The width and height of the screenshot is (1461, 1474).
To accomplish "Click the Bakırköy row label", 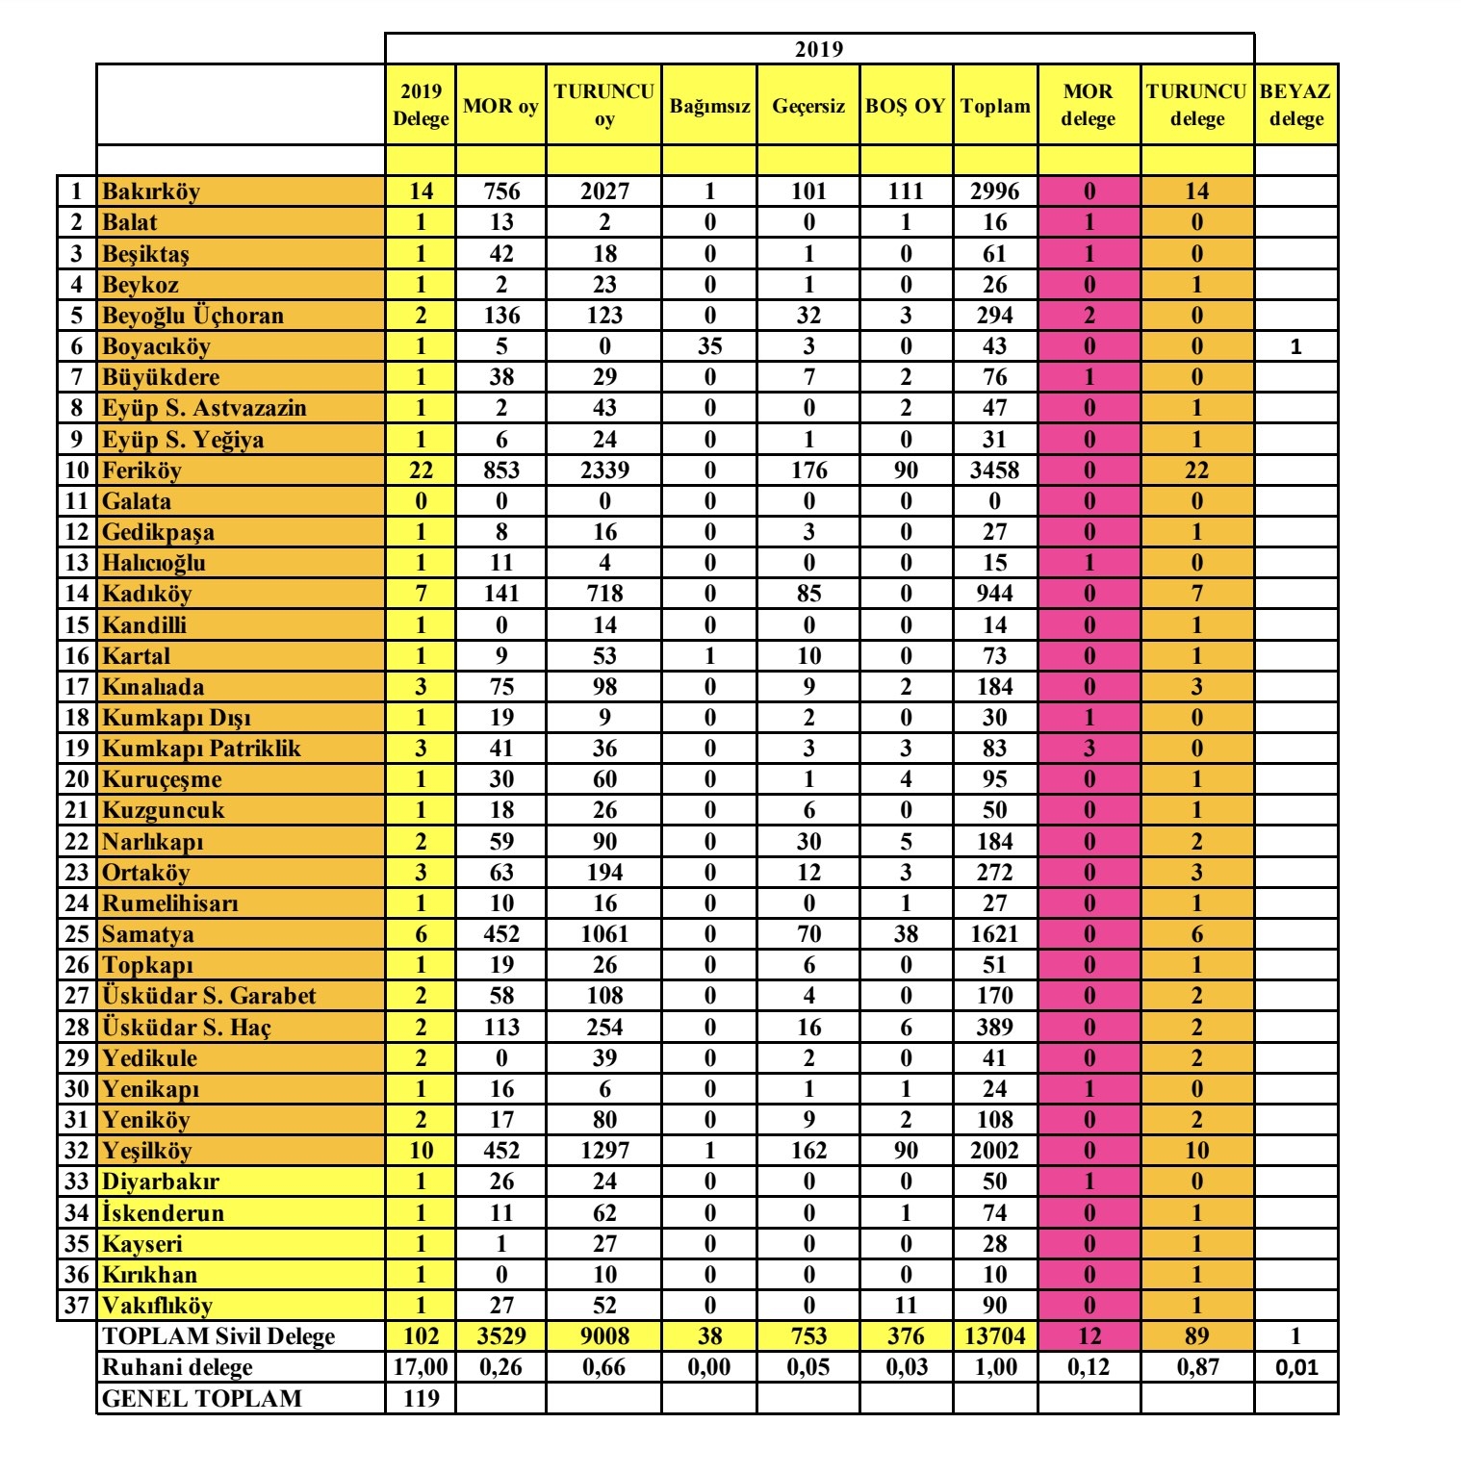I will tap(151, 191).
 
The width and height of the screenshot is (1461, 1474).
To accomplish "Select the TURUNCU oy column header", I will tap(603, 105).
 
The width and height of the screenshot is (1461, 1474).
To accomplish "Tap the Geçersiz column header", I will tap(808, 105).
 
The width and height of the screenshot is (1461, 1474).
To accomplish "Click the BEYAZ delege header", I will tap(1295, 105).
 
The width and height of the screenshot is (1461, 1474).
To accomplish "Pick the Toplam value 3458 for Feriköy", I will tap(994, 470).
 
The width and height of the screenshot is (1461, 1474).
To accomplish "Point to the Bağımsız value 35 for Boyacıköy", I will tap(709, 346).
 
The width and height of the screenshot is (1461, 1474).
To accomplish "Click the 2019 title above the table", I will tap(819, 49).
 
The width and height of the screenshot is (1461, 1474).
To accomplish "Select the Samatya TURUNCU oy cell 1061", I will tap(603, 934).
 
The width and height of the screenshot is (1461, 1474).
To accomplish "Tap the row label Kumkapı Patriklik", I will tap(201, 749).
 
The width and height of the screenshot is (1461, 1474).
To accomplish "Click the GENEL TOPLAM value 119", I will tap(421, 1398).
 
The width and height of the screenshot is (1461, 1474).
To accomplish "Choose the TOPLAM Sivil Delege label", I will tap(218, 1336).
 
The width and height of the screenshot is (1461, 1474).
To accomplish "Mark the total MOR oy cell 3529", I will tap(500, 1336).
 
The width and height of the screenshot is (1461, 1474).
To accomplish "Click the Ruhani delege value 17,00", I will tap(421, 1367).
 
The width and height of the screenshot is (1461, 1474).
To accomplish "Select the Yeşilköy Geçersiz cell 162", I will tap(808, 1151).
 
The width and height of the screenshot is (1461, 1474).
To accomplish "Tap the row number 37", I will tap(77, 1306).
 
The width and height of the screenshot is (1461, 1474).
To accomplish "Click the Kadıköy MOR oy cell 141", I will tap(500, 594).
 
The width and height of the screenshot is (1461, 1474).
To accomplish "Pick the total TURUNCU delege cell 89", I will tap(1196, 1336).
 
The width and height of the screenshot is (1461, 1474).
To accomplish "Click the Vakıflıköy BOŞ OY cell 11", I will tap(905, 1306).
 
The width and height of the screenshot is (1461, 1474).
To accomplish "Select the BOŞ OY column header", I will tap(905, 105).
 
